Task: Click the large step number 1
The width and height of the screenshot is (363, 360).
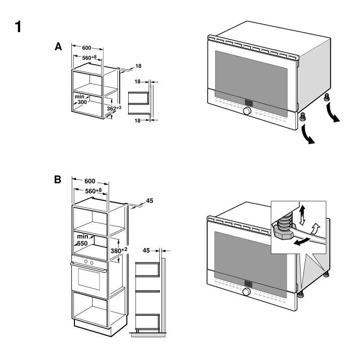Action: coord(18,27)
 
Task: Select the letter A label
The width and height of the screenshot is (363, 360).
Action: coord(58,47)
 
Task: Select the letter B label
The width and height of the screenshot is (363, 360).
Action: coord(58,179)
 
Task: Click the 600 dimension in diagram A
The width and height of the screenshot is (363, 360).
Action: coord(86,48)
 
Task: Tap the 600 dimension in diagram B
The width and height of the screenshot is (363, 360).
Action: coord(90,181)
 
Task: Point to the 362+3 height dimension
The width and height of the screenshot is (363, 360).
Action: coord(114,108)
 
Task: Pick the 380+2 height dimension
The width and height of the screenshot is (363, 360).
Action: coord(119,251)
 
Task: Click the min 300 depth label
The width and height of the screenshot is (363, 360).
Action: coord(80,99)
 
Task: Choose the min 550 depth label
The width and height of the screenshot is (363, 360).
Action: coord(82,240)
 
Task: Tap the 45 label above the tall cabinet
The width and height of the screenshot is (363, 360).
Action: coord(149,201)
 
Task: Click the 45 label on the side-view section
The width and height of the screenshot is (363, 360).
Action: coord(146,251)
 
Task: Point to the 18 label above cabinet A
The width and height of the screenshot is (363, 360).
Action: coord(138,66)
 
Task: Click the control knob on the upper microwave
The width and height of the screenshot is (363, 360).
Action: coord(247,111)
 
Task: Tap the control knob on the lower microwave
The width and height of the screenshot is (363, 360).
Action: coord(247,292)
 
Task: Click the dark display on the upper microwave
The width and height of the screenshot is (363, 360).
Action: coord(249,103)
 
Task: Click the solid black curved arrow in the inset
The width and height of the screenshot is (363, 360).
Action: coord(302,241)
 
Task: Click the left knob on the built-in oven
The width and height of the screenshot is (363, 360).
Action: coord(86,261)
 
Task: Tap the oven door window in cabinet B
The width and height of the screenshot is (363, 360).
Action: coord(89,279)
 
